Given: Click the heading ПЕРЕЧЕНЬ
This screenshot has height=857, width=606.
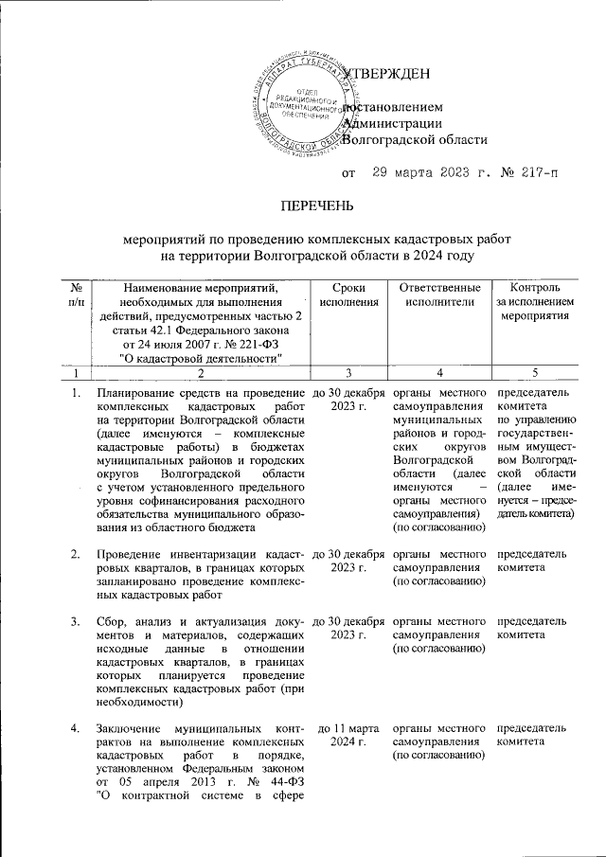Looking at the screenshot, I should [x=303, y=205].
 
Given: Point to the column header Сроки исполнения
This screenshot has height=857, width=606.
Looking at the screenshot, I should [x=339, y=295].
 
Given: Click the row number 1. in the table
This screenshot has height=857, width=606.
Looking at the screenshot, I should [x=75, y=393].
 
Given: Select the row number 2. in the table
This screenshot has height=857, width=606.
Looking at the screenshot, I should [x=75, y=552].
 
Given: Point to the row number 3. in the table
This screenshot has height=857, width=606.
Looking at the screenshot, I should [x=75, y=620].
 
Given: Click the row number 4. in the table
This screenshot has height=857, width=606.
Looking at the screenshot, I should [x=75, y=728].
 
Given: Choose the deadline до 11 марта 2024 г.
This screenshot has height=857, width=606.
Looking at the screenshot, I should [x=339, y=735].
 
